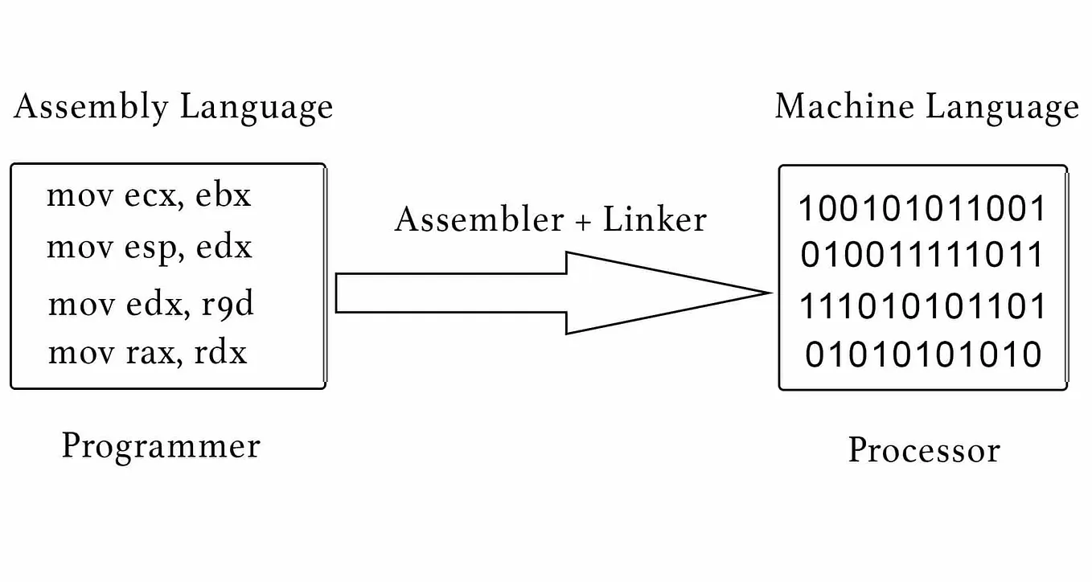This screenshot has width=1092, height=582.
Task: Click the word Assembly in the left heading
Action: (x=91, y=107)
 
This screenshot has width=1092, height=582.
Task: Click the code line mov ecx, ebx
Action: (x=150, y=196)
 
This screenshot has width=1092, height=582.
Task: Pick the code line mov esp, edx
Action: (x=150, y=247)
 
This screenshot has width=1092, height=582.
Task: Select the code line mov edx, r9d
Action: (x=151, y=305)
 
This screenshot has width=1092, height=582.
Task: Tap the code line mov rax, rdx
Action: (x=148, y=353)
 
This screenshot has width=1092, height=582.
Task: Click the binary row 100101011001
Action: (x=922, y=209)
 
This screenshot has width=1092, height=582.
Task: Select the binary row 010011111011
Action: (x=922, y=256)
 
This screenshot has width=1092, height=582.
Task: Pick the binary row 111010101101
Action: (x=922, y=307)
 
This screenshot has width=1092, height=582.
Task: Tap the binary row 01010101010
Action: (x=922, y=355)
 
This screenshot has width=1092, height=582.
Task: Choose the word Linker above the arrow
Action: (x=655, y=219)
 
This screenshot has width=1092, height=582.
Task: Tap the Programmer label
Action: (x=161, y=446)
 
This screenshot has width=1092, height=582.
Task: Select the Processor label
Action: (x=924, y=450)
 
